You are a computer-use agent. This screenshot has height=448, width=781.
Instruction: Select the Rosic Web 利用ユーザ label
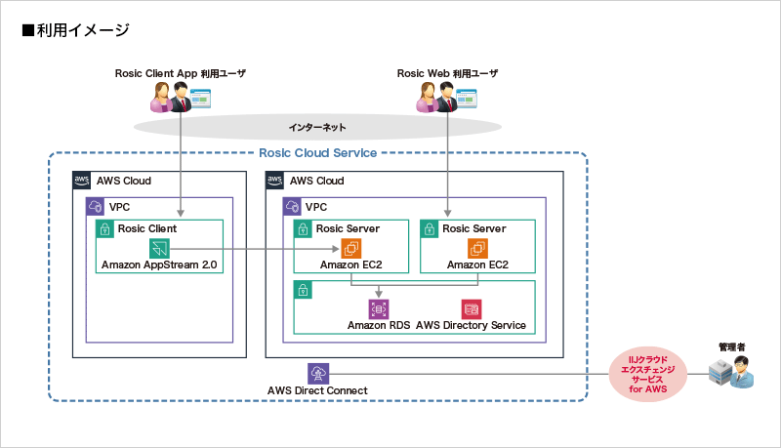tap(447, 74)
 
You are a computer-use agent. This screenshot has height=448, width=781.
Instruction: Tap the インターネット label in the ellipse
tap(317, 128)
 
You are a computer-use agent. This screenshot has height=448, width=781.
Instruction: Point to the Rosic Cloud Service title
tap(317, 152)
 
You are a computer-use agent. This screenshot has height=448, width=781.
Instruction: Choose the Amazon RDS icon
tap(379, 308)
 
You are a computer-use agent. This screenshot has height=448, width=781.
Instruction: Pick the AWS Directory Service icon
tap(472, 308)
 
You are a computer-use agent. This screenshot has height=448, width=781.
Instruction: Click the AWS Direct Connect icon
tap(318, 373)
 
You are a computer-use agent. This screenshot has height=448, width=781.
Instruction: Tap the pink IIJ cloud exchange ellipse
tap(646, 376)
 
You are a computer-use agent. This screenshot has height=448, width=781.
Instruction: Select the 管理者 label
tap(732, 346)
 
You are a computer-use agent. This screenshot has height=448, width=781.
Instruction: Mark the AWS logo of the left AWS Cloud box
tap(82, 181)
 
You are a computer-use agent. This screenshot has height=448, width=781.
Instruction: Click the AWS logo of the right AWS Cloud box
tap(275, 181)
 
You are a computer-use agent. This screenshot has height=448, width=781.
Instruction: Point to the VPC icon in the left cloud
tap(96, 207)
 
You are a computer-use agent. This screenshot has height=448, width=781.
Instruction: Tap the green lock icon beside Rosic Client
tap(103, 228)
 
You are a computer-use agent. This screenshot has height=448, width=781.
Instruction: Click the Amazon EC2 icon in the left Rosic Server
tap(350, 248)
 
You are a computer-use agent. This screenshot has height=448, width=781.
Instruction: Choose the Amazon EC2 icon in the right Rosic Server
tap(476, 248)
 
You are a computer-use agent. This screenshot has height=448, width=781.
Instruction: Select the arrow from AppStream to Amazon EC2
tap(254, 249)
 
